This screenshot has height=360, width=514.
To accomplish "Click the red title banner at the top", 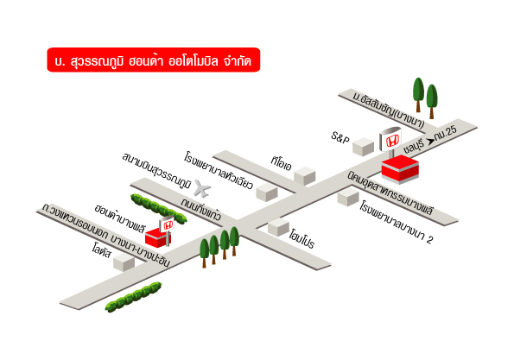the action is tap(154, 60).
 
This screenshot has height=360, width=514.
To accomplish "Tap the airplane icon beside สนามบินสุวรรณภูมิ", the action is tap(202, 188).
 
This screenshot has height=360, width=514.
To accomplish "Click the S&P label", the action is tap(340, 137).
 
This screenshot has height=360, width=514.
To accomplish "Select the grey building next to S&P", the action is tap(363, 147).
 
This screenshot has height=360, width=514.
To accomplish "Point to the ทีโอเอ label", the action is tap(282, 163).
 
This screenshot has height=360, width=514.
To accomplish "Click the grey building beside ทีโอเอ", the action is tap(305, 176).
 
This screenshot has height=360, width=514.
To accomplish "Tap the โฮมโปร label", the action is tap(301, 239).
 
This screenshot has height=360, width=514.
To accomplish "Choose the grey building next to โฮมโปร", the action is tap(279, 227).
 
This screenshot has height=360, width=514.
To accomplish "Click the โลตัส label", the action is tap(102, 251).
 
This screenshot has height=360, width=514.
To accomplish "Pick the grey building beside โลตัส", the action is tap(124, 262).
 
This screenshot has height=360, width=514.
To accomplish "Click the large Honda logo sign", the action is tap(390, 139).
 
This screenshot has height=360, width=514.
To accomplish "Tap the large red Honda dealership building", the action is tap(400, 169).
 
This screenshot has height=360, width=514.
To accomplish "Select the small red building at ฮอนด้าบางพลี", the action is tap(158, 237).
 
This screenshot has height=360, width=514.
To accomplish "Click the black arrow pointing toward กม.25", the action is tap(430, 142).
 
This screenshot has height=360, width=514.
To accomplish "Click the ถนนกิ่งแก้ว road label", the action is tap(201, 208).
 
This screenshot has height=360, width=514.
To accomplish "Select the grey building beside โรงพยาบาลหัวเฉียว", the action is tap(267, 192).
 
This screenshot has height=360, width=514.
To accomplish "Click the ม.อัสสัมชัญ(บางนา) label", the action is tap(389, 110).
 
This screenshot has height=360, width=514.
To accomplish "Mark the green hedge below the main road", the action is tap(133, 297).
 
